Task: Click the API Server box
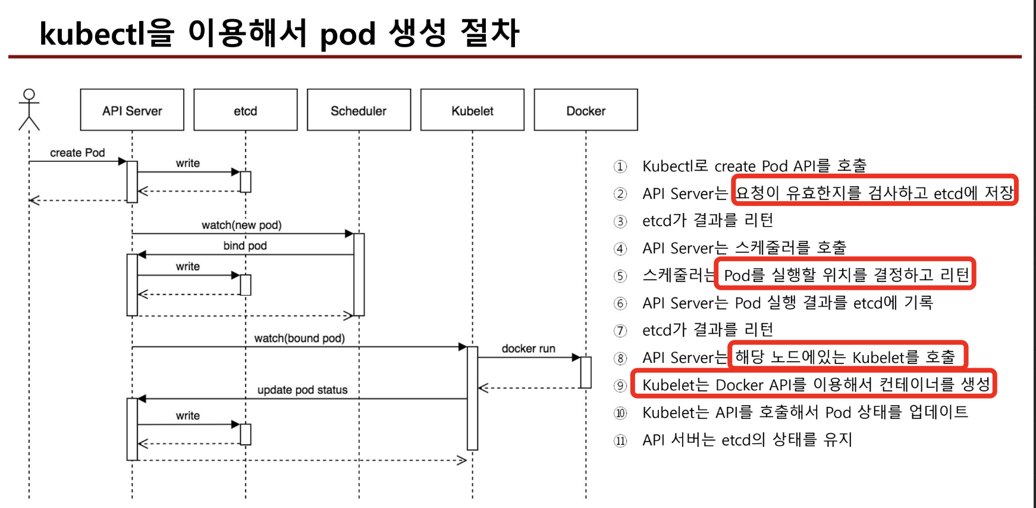pos(132,110)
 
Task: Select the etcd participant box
pos(245,110)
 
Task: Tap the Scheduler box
pos(359,110)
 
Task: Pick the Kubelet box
pos(472,110)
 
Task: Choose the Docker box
pos(586,110)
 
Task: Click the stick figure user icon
pos(29,109)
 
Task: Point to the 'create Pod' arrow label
pos(77,153)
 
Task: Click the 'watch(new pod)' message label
pos(241,225)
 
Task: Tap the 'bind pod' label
pos(245,246)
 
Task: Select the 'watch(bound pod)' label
pos(299,338)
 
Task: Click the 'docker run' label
pos(528,349)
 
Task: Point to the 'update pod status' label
pos(302,390)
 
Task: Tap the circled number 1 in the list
pos(620,167)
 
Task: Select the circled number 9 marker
pos(620,385)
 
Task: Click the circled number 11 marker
pos(620,441)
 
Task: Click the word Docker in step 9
pos(739,385)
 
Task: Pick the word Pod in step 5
pos(736,275)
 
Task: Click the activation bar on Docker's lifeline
pos(586,372)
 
